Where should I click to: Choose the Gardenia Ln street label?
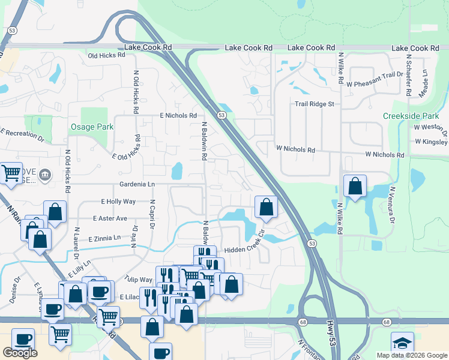click(137, 184)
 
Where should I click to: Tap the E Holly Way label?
click(118, 202)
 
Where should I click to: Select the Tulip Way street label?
click(139, 280)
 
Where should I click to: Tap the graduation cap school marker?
click(402, 343)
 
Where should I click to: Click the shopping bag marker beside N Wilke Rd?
click(355, 187)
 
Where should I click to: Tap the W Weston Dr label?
click(430, 127)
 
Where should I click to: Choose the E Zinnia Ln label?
click(104, 238)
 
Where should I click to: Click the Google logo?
click(20, 353)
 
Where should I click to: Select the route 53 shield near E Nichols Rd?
click(221, 115)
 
